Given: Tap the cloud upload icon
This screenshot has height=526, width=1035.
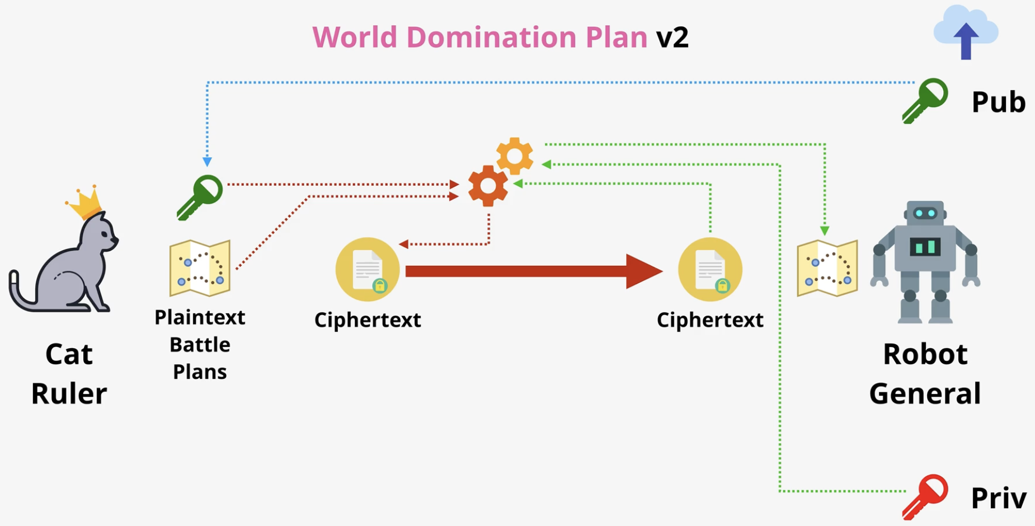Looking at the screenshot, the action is (966, 32).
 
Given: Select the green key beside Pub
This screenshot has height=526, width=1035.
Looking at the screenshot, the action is (925, 101).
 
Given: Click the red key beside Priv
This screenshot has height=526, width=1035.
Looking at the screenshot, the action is (925, 497).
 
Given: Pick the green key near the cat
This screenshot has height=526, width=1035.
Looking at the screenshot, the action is (200, 198).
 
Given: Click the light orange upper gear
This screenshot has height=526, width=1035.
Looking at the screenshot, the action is (515, 156).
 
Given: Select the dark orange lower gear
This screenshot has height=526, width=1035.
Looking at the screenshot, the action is (488, 186).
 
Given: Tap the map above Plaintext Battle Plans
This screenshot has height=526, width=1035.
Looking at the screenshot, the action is (200, 268).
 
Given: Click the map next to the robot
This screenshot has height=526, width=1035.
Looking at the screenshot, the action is (827, 268).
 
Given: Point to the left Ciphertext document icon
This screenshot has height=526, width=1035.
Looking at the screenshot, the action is (368, 270).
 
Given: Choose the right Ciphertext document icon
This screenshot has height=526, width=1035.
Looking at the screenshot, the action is (710, 270).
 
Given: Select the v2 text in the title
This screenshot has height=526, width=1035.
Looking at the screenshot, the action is (672, 37).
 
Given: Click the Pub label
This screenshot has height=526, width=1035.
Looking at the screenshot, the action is (999, 102).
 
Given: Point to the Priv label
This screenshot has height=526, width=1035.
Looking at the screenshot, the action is (999, 498).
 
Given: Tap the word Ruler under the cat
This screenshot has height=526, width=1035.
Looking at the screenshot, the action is (69, 393).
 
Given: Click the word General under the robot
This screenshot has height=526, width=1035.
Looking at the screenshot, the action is (925, 393).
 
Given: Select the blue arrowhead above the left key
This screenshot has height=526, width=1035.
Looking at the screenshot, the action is (207, 162).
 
